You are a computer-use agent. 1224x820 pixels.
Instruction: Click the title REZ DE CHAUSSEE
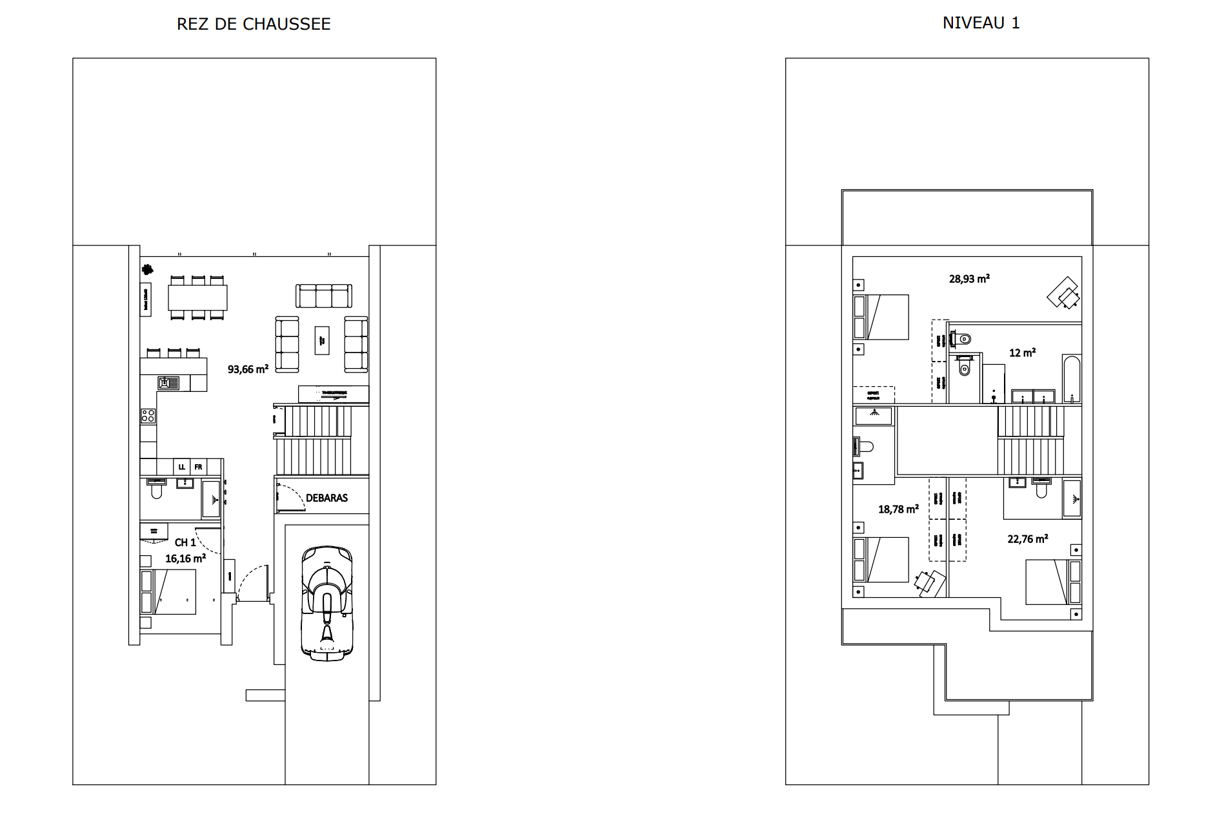coord(254,25)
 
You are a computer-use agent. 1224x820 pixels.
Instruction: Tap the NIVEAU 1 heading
coord(981,23)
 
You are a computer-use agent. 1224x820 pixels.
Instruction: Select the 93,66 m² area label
coord(248,370)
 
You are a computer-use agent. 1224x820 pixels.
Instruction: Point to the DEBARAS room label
coord(326,498)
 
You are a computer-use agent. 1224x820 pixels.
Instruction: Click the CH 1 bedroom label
coord(185,542)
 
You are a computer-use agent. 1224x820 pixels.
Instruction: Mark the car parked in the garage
coord(327,602)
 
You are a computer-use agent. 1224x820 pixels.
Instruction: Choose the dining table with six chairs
coord(198,298)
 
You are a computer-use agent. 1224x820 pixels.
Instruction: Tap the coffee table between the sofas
coord(322,340)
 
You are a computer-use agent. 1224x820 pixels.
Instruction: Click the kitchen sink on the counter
coord(169,384)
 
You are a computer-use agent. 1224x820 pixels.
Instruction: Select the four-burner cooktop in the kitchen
coord(148,416)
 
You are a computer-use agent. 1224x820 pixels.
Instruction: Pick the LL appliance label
coord(182,467)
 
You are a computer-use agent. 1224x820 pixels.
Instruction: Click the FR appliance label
coord(199,467)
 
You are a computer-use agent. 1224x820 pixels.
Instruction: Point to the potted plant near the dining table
coord(148,269)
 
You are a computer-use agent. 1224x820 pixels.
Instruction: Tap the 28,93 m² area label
coord(969,279)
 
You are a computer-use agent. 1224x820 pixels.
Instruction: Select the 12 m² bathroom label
coord(1022,353)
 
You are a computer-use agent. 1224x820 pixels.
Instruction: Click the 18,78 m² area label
coord(898,509)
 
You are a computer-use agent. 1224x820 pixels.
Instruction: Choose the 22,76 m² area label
coord(1027,539)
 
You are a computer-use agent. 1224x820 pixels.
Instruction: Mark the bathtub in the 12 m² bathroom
coord(1071,379)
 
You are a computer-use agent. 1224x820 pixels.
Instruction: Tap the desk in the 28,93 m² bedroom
coord(1063,294)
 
